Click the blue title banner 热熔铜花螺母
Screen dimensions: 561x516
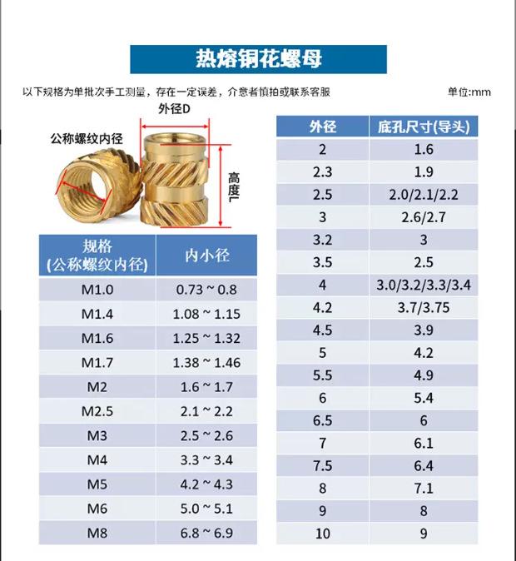coord(258,59)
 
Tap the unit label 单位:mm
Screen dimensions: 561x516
coord(469,92)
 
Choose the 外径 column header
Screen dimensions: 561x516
coord(322,127)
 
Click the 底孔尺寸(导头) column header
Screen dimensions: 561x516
coord(424,127)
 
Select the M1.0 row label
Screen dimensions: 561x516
coord(97,290)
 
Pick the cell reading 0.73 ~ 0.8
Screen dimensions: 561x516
coord(207,290)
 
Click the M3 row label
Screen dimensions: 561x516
coord(97,435)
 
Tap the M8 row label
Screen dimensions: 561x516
coord(97,533)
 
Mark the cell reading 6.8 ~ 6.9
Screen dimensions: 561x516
coord(207,533)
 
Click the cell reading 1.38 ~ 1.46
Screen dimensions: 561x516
coord(207,362)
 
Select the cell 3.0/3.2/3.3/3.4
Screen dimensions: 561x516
coord(424,285)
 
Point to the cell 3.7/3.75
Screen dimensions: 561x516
coord(424,308)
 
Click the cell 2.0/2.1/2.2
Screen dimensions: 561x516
coord(424,195)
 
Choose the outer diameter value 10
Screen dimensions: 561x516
coord(322,534)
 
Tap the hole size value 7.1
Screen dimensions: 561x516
coord(424,489)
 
